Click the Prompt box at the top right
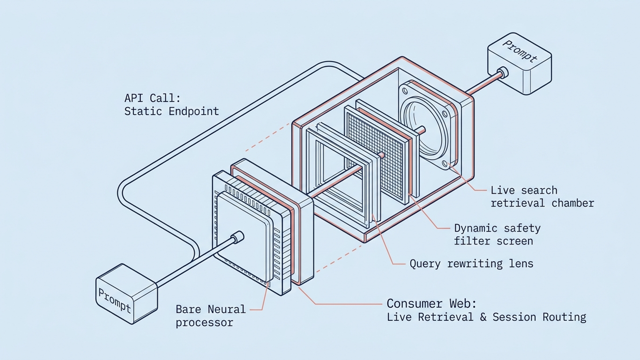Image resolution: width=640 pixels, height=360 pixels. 520,64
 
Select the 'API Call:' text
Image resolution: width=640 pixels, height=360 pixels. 152,98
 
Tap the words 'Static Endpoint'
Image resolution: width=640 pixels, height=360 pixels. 172,111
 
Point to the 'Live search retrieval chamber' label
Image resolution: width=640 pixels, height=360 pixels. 542,196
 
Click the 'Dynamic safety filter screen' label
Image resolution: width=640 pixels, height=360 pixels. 497,234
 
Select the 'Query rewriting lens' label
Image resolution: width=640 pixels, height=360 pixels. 472,264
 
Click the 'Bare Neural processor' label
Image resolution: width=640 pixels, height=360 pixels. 210,316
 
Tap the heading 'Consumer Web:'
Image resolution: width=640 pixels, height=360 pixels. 432,304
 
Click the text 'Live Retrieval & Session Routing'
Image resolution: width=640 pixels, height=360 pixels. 486,317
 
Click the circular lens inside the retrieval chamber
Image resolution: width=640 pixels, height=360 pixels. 424,128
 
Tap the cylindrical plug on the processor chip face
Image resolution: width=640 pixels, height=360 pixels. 238,237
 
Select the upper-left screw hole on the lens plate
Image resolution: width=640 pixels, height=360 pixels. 405,91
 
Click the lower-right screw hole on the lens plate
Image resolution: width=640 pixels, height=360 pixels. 445,164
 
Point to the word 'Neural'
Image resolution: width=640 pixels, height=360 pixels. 226,310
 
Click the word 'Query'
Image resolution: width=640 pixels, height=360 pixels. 425,264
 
